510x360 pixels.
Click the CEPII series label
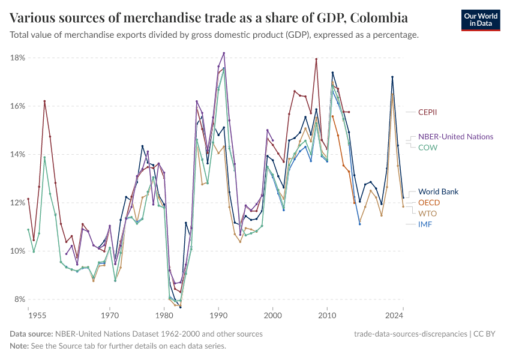click(430, 112)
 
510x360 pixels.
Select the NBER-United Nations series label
click(455, 137)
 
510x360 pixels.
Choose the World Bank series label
click(439, 192)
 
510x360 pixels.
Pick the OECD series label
click(430, 203)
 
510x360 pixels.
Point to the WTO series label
click(428, 214)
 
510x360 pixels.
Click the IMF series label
click(425, 224)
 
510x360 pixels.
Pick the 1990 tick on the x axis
click(218, 314)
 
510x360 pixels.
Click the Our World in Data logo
click(481, 20)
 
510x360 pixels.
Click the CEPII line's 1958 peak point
click(44, 101)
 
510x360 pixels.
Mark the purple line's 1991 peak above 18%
click(224, 53)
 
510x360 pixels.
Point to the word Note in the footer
click(20, 346)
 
